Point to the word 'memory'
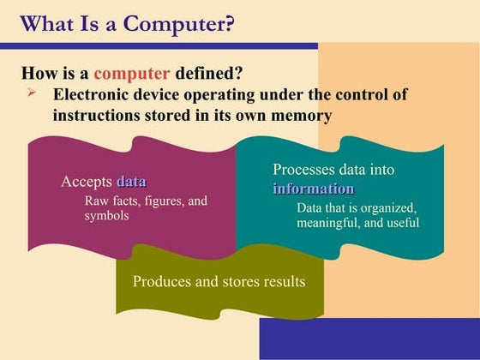[x=302, y=114]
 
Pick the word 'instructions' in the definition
[x=101, y=114]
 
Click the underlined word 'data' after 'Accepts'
[x=131, y=182]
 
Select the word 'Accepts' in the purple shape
[x=86, y=182]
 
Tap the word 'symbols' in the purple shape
[x=106, y=215]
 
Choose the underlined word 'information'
[x=314, y=189]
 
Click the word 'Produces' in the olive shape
[x=163, y=281]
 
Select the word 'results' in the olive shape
[x=281, y=281]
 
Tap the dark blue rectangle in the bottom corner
[x=369, y=339]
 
